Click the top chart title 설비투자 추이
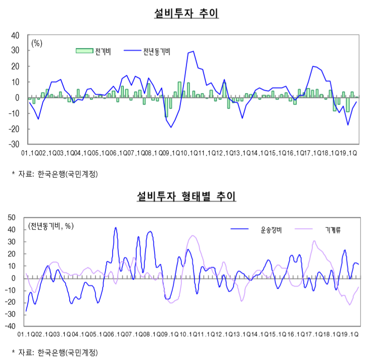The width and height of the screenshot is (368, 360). pyautogui.click(x=186, y=14)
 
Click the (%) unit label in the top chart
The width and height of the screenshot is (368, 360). pyautogui.click(x=37, y=43)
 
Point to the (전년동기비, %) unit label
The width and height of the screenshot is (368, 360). pyautogui.click(x=51, y=226)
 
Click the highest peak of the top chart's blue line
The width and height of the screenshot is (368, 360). pyautogui.click(x=193, y=51)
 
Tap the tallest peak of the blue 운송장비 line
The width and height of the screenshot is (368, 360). pyautogui.click(x=116, y=228)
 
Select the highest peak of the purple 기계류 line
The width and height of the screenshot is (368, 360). pyautogui.click(x=194, y=236)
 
